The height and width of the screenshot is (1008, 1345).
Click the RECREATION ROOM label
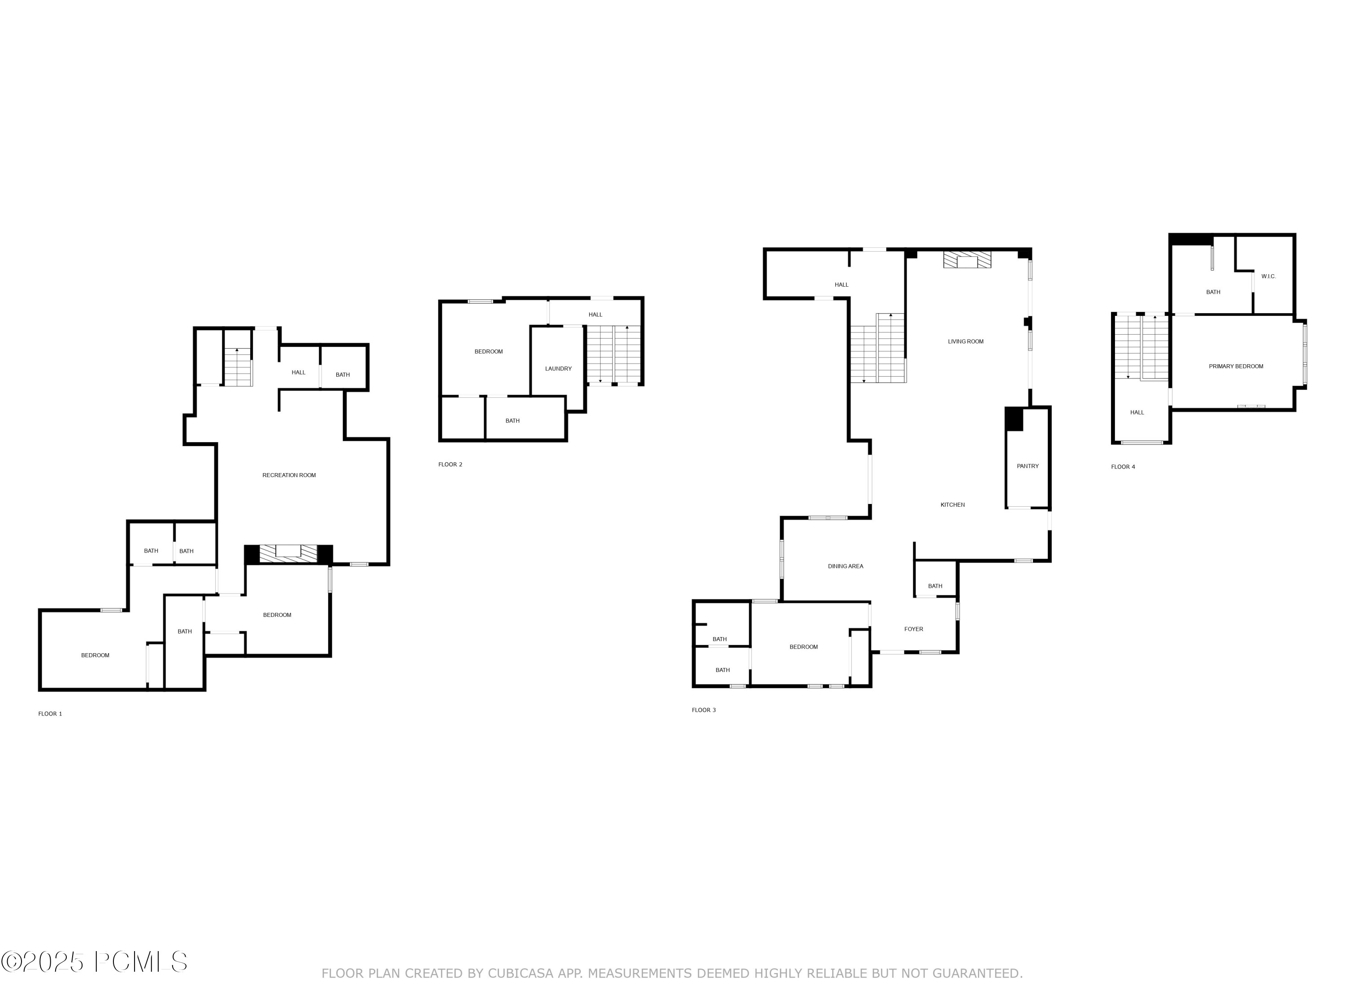pyautogui.click(x=289, y=475)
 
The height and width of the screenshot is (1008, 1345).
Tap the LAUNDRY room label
pyautogui.click(x=558, y=369)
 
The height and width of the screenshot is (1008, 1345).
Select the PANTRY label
pyautogui.click(x=1028, y=466)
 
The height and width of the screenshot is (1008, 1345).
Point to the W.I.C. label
pyautogui.click(x=1268, y=276)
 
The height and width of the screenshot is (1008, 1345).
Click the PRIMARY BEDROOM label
pyautogui.click(x=1236, y=366)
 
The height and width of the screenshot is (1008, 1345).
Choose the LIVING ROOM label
pyautogui.click(x=966, y=341)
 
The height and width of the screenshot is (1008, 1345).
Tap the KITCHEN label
pyautogui.click(x=952, y=505)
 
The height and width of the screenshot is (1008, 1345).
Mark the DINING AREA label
pyautogui.click(x=845, y=566)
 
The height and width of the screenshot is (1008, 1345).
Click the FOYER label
pyautogui.click(x=913, y=629)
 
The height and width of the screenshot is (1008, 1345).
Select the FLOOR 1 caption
pyautogui.click(x=50, y=714)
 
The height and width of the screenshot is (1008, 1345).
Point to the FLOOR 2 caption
pyautogui.click(x=450, y=465)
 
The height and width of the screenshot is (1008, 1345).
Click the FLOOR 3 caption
pyautogui.click(x=703, y=710)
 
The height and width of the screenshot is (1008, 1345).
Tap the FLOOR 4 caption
pyautogui.click(x=1123, y=467)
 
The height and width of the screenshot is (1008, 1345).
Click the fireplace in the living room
pyautogui.click(x=967, y=261)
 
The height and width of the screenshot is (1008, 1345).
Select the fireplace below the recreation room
pyautogui.click(x=288, y=553)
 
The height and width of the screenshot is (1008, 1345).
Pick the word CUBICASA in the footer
pyautogui.click(x=520, y=974)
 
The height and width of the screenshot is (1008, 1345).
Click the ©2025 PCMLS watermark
pyautogui.click(x=94, y=962)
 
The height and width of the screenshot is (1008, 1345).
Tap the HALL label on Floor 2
pyautogui.click(x=595, y=315)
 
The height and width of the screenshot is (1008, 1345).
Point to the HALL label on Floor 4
pyautogui.click(x=1137, y=413)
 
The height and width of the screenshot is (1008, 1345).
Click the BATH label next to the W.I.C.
pyautogui.click(x=1213, y=292)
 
